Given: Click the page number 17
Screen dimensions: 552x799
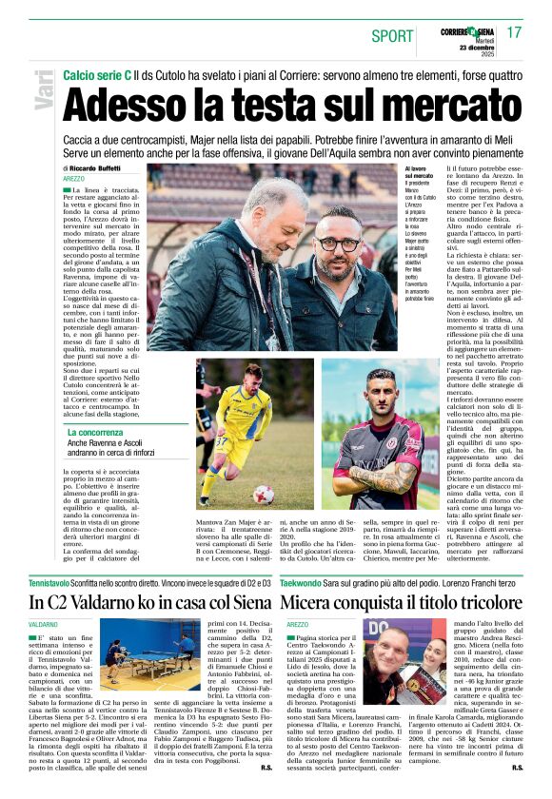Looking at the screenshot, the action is (x=515, y=31).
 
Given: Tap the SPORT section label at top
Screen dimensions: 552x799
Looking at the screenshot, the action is (x=392, y=36).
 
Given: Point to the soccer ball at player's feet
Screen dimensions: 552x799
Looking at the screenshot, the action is (x=264, y=494).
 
